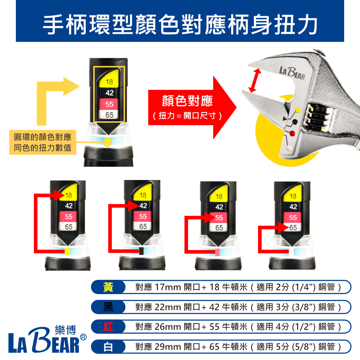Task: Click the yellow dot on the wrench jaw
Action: tap(298, 110)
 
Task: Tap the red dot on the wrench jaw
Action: tap(292, 134)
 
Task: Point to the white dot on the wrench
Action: tap(289, 148)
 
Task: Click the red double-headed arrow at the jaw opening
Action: tap(255, 80)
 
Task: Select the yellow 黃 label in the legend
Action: tap(108, 287)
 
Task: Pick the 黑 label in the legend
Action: tap(108, 307)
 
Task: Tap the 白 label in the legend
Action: tap(108, 347)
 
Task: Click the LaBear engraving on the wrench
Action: tap(292, 73)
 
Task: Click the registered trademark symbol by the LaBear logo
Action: tap(83, 337)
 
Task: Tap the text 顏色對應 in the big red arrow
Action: tap(187, 101)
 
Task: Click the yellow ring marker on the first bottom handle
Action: tap(67, 251)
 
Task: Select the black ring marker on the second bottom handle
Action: tap(141, 251)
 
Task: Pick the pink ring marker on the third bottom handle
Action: tap(217, 252)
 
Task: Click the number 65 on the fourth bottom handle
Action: tap(293, 228)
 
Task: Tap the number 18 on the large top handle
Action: tap(109, 82)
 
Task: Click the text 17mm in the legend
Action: tap(168, 287)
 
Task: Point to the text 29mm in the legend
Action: tap(168, 347)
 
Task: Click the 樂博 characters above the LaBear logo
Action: tap(66, 330)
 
